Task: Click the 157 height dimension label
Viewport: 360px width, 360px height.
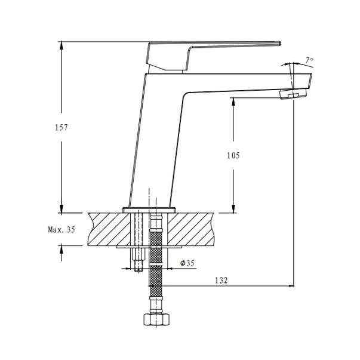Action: coord(61,127)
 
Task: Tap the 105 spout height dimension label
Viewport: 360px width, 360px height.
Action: coord(233,155)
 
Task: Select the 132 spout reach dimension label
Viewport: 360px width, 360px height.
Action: coord(221,281)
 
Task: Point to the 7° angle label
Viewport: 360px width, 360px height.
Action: coord(309,60)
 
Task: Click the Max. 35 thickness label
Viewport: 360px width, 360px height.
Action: coord(61,229)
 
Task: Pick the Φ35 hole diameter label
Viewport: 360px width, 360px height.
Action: coord(187,263)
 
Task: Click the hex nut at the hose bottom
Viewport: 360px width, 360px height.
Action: coord(157,319)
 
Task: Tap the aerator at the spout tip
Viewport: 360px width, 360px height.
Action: coord(293,94)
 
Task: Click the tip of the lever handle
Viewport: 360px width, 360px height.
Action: coord(280,43)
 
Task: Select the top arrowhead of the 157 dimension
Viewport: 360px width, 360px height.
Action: coord(61,45)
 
